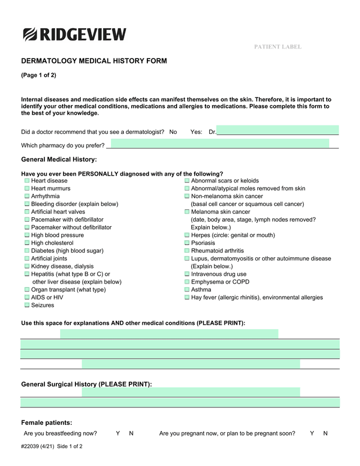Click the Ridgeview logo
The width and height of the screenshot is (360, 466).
point(75,34)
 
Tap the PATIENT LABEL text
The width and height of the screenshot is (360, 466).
point(277,47)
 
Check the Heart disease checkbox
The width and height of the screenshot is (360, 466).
point(26,181)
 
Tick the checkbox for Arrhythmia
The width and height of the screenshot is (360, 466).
point(26,196)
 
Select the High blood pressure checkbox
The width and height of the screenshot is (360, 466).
point(26,235)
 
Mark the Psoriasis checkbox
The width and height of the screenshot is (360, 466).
point(187,243)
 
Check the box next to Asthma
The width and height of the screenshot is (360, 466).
point(187,290)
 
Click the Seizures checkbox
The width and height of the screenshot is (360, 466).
point(26,305)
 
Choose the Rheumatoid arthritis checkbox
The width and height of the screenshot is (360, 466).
point(187,251)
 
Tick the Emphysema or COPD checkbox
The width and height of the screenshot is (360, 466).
point(187,282)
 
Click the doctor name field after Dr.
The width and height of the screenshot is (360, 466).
point(277,131)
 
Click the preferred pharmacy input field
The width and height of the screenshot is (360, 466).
point(219,144)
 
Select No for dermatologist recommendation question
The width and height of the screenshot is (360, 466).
point(173,132)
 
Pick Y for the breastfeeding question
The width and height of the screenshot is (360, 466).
point(118,433)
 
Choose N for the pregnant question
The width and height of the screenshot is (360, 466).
point(325,433)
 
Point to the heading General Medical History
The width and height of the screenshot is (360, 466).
point(59,160)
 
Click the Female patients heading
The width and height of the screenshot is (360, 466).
point(47,423)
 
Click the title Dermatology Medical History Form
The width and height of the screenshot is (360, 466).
point(94,61)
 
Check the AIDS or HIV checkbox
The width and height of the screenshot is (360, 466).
point(26,297)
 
